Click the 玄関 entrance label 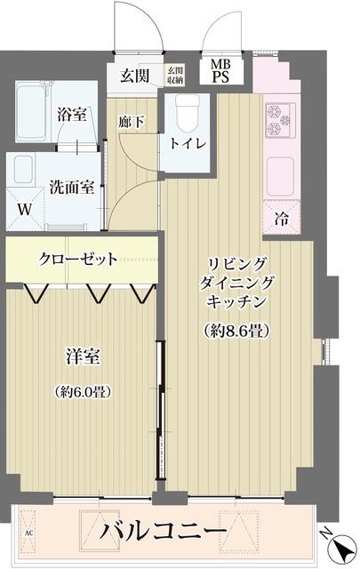[x=135, y=75]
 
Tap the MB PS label [x=219, y=71]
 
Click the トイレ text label [x=188, y=143]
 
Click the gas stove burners [x=278, y=121]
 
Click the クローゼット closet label [x=78, y=260]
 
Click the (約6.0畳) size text [x=86, y=391]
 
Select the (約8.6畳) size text [x=236, y=331]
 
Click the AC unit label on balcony [x=28, y=533]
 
